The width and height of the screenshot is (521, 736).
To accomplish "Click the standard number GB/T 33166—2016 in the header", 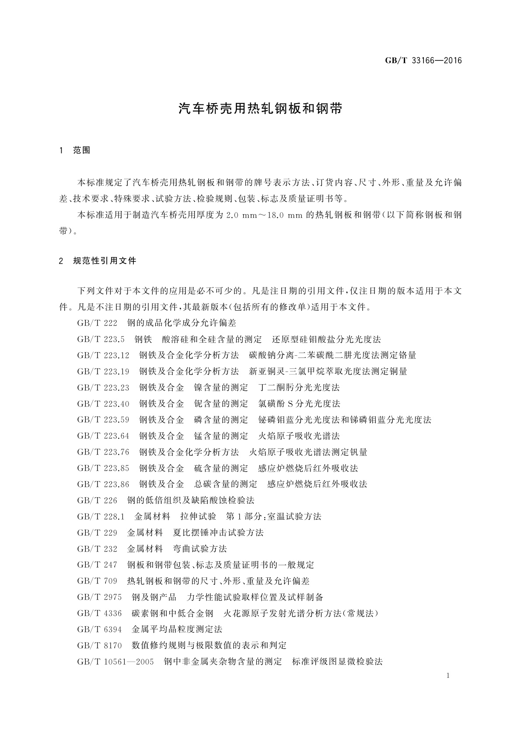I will (x=423, y=61).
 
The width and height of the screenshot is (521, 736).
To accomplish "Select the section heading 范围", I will (x=82, y=150).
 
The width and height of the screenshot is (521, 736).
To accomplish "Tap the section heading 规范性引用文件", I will (x=105, y=261).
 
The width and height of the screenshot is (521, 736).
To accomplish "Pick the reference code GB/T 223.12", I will (x=103, y=355).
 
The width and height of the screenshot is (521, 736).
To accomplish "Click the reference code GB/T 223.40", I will (x=103, y=404).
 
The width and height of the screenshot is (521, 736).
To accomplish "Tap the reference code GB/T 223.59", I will (x=103, y=420).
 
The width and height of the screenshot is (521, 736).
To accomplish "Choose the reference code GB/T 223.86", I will (x=103, y=484).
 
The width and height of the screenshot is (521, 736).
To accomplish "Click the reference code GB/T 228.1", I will (x=101, y=517).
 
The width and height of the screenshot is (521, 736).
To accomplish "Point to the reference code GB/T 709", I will (x=97, y=581).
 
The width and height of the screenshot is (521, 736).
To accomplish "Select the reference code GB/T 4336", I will (x=99, y=613).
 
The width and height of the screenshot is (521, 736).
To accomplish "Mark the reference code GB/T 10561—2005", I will (x=115, y=662).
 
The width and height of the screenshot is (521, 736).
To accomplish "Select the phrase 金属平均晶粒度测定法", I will (x=177, y=629).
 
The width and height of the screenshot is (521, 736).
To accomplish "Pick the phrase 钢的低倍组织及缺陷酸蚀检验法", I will (x=191, y=500).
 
